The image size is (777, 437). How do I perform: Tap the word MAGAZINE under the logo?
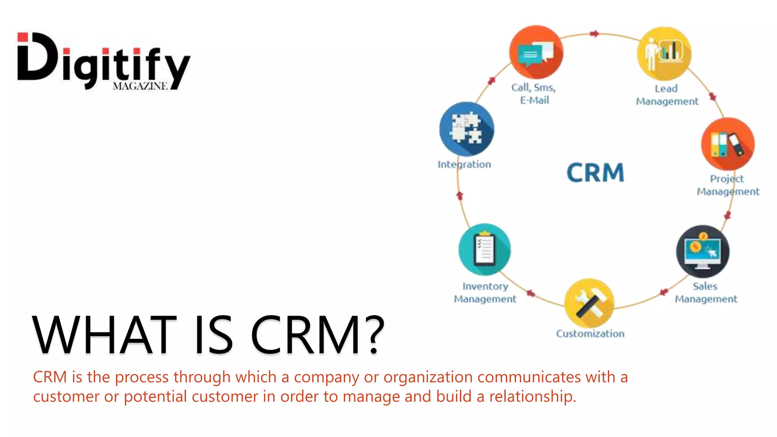(x=140, y=86)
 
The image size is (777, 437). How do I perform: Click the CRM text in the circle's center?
(x=595, y=173)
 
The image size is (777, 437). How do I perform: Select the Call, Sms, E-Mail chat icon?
(x=536, y=52)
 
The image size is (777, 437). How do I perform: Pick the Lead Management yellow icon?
(x=664, y=53)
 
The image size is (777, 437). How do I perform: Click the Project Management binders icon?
(x=728, y=144)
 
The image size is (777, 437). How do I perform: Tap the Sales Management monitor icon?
(x=702, y=252)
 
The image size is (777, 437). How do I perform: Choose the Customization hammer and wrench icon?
(x=589, y=303)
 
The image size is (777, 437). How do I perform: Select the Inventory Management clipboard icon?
(x=484, y=249)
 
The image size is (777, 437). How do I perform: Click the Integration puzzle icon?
(x=467, y=129)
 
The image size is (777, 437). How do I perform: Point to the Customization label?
(x=590, y=334)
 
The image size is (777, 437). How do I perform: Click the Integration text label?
(x=464, y=165)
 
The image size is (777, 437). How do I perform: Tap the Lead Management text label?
(x=667, y=95)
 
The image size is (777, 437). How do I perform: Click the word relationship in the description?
(x=532, y=396)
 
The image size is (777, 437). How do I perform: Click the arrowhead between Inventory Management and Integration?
(x=460, y=196)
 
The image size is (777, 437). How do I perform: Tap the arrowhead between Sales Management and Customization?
(x=663, y=292)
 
